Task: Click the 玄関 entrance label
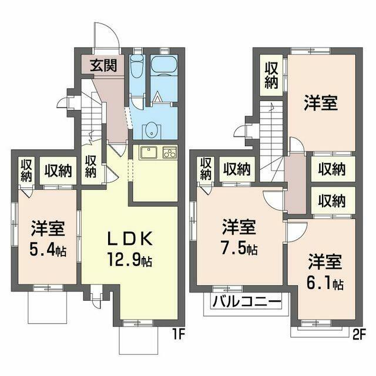[103, 65]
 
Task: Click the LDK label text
[130, 239]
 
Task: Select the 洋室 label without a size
[320, 103]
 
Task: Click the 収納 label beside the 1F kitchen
[90, 166]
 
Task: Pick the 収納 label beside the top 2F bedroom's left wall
[271, 75]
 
